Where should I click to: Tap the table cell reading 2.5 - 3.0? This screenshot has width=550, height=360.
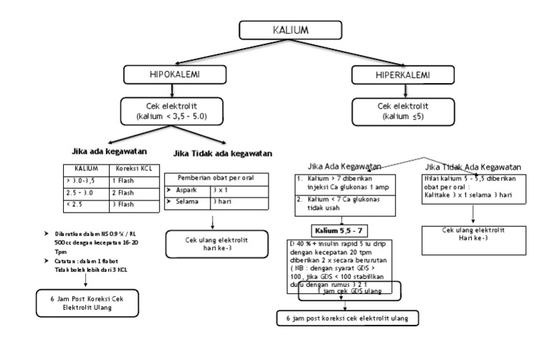point(88,193)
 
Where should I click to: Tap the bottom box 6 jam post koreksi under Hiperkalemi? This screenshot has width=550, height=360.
point(347,317)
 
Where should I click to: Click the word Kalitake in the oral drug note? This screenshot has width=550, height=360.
point(440,194)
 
